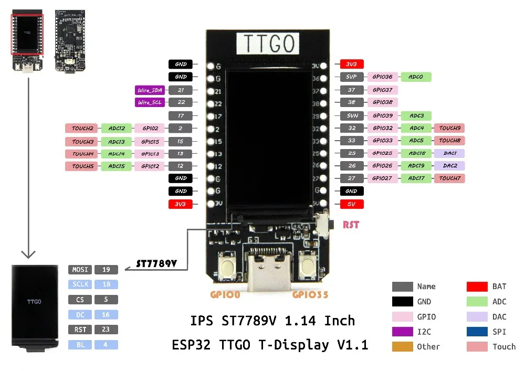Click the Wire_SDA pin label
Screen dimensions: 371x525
[x=149, y=90]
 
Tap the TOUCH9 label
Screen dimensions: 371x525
[x=449, y=128]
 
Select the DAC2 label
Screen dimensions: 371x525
[x=449, y=166]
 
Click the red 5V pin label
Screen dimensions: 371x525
[x=352, y=204]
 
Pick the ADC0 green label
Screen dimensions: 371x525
[x=416, y=77]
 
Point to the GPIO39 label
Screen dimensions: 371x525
[x=383, y=115]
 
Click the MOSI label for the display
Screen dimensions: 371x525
[x=80, y=270]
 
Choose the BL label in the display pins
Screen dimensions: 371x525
[x=80, y=345]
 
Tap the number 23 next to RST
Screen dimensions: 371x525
[x=106, y=330]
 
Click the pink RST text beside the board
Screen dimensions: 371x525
[x=351, y=225]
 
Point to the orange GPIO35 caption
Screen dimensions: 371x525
[x=310, y=295]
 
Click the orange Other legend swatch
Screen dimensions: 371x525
[x=402, y=346]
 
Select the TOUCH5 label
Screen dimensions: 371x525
[x=82, y=166]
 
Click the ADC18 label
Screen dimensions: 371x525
[x=416, y=153]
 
